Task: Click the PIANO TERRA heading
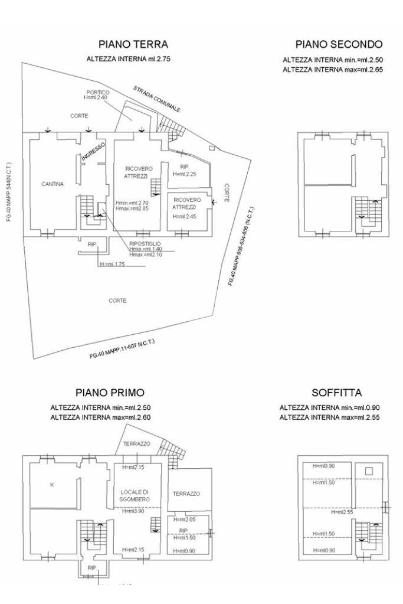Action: (133, 44)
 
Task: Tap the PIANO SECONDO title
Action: (339, 44)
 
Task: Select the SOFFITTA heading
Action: (336, 393)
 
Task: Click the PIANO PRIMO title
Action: (110, 393)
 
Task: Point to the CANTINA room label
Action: (53, 184)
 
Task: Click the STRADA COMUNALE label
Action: (156, 99)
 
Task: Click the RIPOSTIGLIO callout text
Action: (145, 243)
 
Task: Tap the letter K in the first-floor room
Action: (52, 485)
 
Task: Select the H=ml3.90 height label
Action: (134, 511)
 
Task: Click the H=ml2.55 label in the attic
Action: (342, 512)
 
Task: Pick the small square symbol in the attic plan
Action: (369, 471)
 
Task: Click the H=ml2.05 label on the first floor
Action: (184, 519)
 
